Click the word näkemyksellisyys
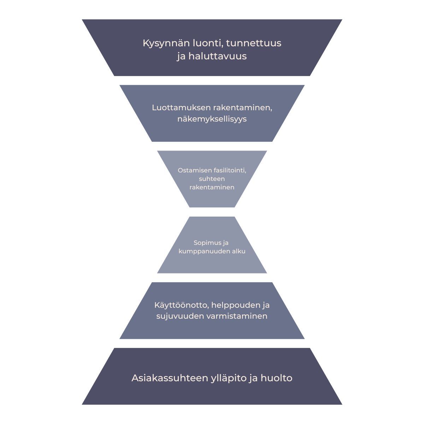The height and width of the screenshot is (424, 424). (212, 119)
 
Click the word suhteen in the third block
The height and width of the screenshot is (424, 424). (212, 179)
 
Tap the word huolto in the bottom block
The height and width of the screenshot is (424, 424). (277, 378)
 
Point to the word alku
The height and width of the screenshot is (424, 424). (238, 252)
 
